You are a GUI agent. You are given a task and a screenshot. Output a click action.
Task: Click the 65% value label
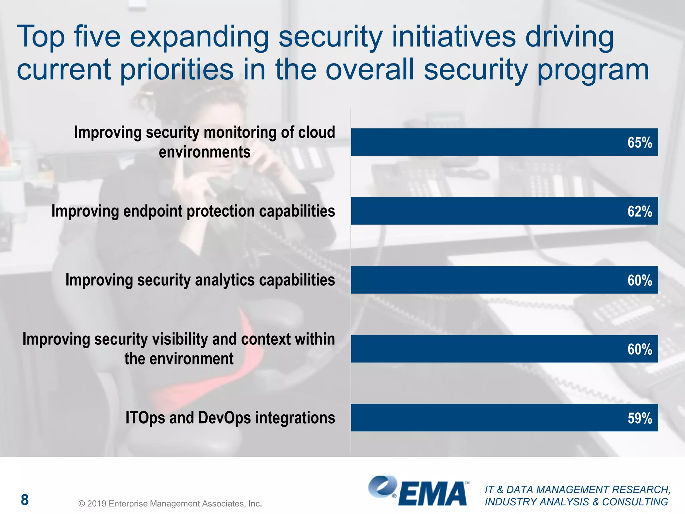pos(639,143)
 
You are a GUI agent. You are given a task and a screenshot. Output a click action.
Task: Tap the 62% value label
pos(639,211)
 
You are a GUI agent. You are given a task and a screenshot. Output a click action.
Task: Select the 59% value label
pos(639,418)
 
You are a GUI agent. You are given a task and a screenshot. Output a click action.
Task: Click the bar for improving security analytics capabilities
pos(485,280)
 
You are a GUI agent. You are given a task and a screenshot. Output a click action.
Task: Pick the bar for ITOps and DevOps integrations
pos(485,418)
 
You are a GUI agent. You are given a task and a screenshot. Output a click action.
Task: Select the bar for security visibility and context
pos(485,349)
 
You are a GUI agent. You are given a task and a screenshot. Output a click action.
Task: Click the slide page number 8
pos(25,500)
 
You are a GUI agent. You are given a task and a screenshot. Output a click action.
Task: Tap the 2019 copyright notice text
pos(170,504)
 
